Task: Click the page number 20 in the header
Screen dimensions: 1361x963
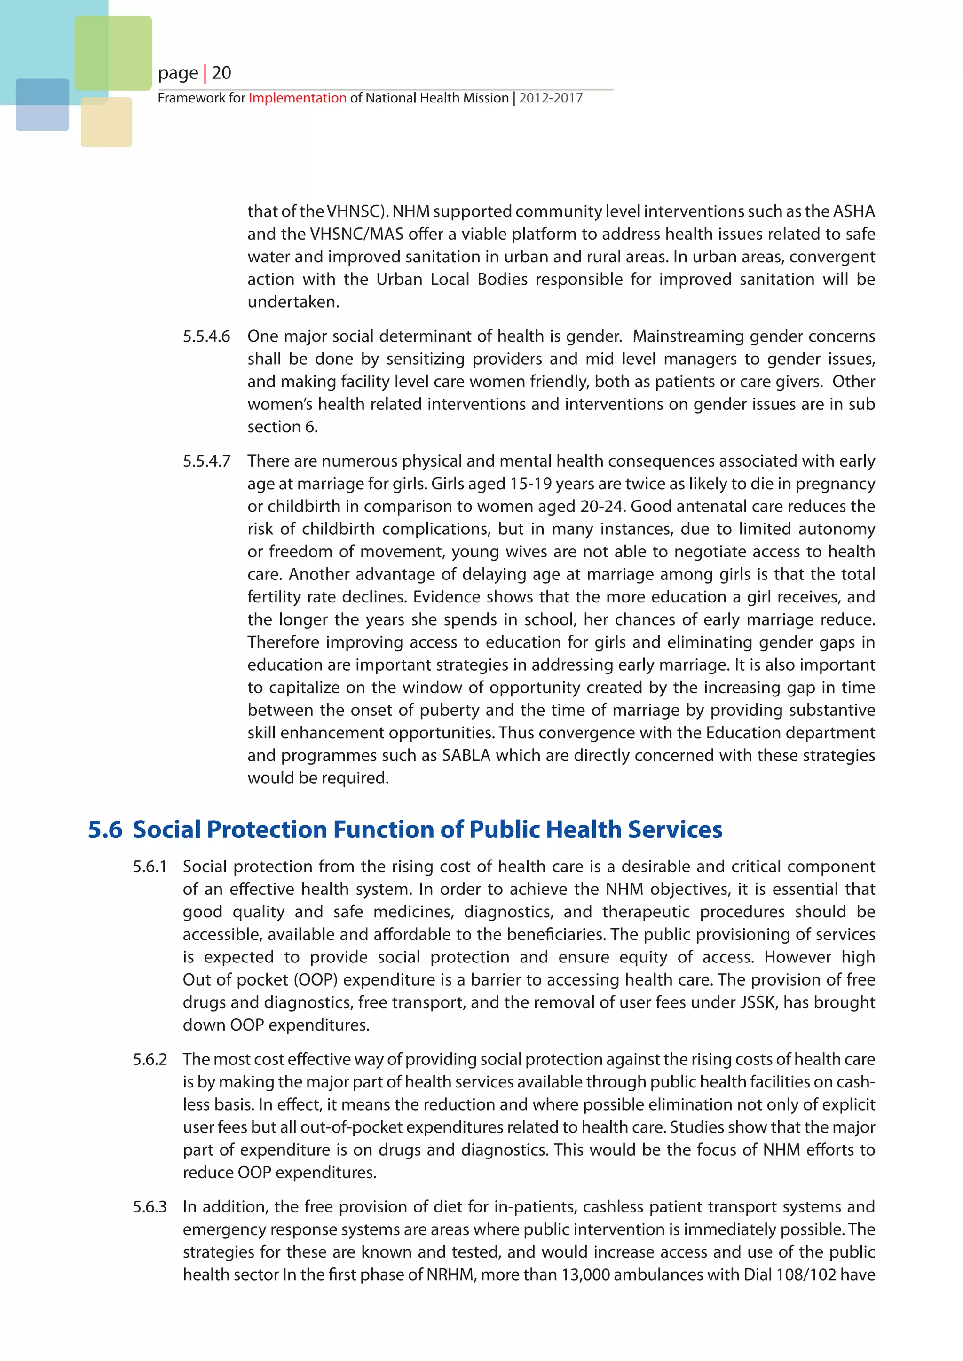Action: coord(221,73)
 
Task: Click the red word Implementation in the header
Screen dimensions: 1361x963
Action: coord(297,98)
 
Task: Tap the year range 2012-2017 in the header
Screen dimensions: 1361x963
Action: coord(551,98)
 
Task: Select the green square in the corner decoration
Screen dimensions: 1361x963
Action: coord(113,53)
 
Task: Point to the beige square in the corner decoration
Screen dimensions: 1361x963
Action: coord(106,122)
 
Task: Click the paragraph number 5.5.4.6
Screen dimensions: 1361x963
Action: coord(206,336)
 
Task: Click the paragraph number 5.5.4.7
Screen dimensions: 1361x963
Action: coord(206,461)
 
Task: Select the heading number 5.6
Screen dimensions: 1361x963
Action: coord(105,829)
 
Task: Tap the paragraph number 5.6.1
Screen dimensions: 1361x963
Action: coord(150,867)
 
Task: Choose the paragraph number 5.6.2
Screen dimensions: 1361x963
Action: coord(150,1059)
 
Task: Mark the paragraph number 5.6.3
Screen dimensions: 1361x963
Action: coord(150,1207)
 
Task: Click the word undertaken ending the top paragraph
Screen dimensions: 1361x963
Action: coord(293,302)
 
